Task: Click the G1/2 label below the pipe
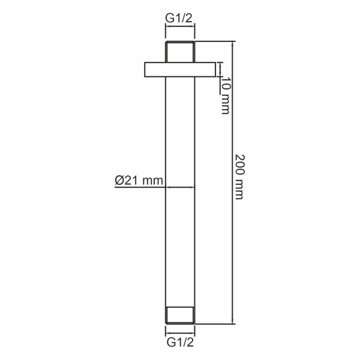pyautogui.click(x=179, y=344)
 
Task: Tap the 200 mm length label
pyautogui.click(x=239, y=175)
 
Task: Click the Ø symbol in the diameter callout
pyautogui.click(x=119, y=179)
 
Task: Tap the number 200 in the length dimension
pyautogui.click(x=239, y=164)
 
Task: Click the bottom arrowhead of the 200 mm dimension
pyautogui.click(x=232, y=322)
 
